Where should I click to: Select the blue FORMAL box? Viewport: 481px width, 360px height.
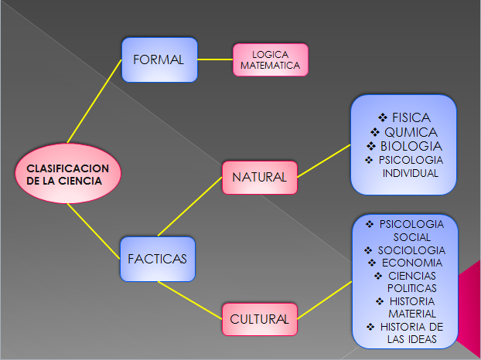(x=159, y=59)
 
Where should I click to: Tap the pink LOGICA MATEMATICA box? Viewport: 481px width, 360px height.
(x=270, y=60)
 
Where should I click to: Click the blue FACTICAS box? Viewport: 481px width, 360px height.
(x=158, y=260)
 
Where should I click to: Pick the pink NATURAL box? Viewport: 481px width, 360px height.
(x=260, y=177)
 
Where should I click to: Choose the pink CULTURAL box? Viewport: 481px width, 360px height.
(x=260, y=318)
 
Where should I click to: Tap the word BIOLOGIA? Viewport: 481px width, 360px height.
(x=411, y=145)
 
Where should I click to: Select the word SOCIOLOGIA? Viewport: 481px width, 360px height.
(x=411, y=250)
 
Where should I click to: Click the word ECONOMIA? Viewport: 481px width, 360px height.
(x=412, y=263)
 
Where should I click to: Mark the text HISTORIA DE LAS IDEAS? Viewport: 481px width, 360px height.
(x=409, y=332)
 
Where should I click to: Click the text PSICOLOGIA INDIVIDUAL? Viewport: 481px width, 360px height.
(x=411, y=166)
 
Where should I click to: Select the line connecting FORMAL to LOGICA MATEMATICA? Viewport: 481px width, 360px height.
(x=215, y=59)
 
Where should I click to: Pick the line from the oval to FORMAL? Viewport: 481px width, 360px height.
(x=95, y=101)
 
